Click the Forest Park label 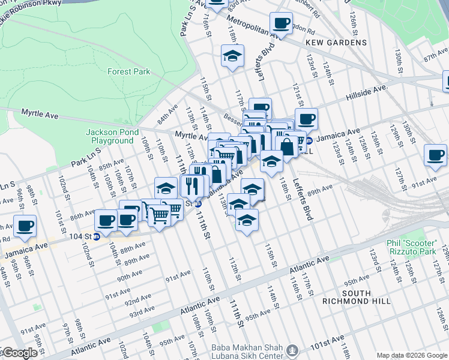(128, 71)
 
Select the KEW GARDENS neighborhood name (336, 43)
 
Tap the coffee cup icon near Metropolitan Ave (280, 24)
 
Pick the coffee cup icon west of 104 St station (25, 226)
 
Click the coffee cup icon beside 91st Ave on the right (435, 155)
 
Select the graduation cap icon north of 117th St (232, 56)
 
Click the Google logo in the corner (19, 353)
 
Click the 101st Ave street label (328, 345)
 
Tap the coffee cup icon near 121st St (306, 119)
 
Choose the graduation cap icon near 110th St (166, 188)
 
